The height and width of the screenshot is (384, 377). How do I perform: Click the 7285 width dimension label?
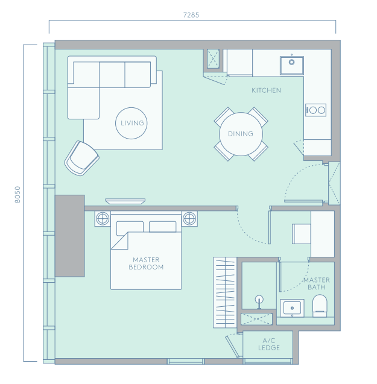pos(191,15)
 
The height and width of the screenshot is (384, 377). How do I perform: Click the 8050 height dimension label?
pos(17,195)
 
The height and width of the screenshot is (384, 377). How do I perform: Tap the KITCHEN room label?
pos(266,90)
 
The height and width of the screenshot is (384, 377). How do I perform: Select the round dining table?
pos(241,134)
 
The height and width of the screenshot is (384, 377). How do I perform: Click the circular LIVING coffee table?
pos(131,123)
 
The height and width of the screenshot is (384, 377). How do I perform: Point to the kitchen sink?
pos(292,65)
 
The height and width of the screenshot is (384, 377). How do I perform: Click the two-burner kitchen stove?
pos(315,110)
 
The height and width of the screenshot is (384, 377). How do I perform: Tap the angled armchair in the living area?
pos(81,158)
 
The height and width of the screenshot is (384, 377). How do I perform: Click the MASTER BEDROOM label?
pos(146,263)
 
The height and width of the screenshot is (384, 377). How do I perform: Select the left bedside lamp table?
pos(103,218)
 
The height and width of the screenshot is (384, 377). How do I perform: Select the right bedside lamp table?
pos(189,218)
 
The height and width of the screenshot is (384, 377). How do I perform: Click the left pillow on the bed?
pos(130,227)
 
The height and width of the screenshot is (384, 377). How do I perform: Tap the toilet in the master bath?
pos(320,306)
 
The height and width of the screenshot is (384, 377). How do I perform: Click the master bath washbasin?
pos(292,308)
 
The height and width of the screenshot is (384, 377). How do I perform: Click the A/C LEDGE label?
pos(269,344)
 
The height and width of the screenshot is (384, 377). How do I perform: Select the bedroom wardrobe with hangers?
pos(225,292)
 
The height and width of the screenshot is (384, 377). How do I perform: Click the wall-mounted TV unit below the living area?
pos(125,201)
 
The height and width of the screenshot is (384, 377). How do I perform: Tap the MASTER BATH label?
pos(317,283)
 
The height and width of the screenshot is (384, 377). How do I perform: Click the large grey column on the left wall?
pos(70,236)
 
